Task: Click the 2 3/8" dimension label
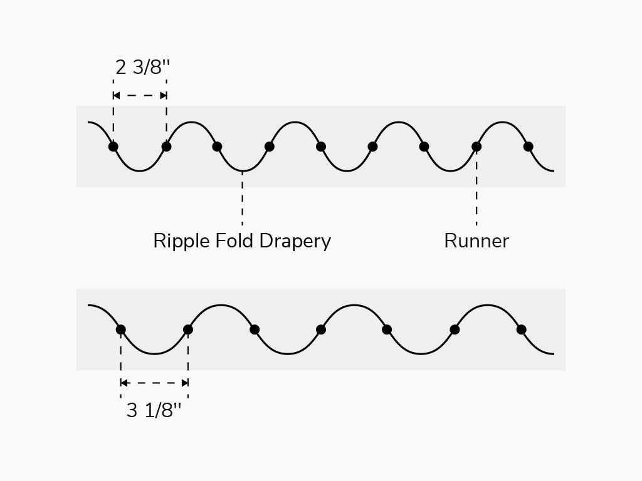[x=142, y=67]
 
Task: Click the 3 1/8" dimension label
[x=154, y=411]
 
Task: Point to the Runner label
[x=476, y=241]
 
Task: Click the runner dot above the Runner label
[x=476, y=147]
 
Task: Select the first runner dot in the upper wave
[x=113, y=147]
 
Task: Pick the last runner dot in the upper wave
[x=528, y=147]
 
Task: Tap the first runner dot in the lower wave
[x=121, y=329]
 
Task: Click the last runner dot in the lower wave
[x=521, y=329]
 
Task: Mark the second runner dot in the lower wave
[x=188, y=329]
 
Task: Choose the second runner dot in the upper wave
[x=166, y=147]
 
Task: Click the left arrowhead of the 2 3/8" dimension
[x=116, y=96]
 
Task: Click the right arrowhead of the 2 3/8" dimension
[x=164, y=96]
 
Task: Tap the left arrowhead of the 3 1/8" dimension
[x=124, y=383]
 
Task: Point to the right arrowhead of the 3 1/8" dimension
[x=185, y=383]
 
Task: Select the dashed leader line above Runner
[x=476, y=188]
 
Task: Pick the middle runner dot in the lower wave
[x=321, y=329]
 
